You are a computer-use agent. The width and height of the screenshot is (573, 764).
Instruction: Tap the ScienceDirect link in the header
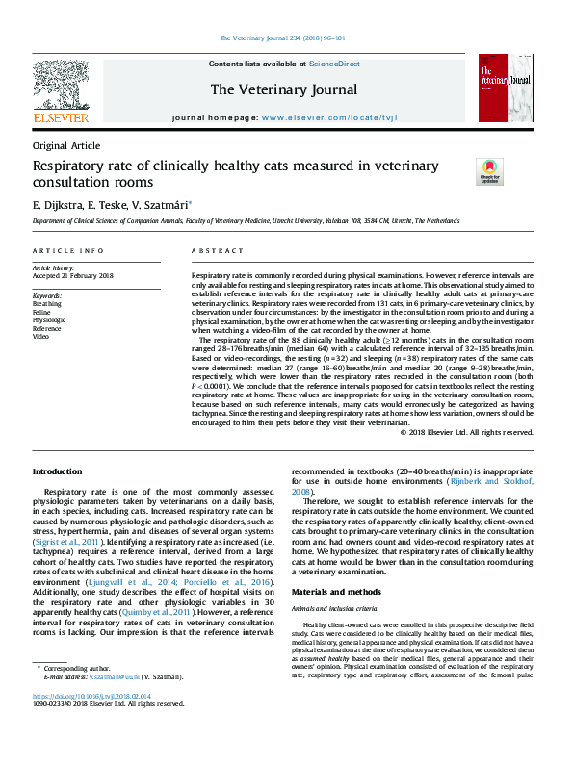point(333,63)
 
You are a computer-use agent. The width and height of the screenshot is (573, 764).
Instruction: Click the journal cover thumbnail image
point(504,89)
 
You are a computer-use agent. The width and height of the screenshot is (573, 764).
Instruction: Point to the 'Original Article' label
point(65,145)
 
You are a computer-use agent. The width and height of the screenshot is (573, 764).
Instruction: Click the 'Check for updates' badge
point(491,171)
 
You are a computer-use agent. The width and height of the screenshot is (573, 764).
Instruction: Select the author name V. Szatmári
point(163,204)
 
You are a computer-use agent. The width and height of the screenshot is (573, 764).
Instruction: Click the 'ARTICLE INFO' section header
point(68,251)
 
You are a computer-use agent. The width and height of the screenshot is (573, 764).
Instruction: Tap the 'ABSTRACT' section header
point(211,251)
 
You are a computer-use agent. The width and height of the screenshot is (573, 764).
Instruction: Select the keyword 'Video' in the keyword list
point(41,337)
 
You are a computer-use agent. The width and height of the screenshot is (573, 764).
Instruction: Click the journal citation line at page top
point(286,38)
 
